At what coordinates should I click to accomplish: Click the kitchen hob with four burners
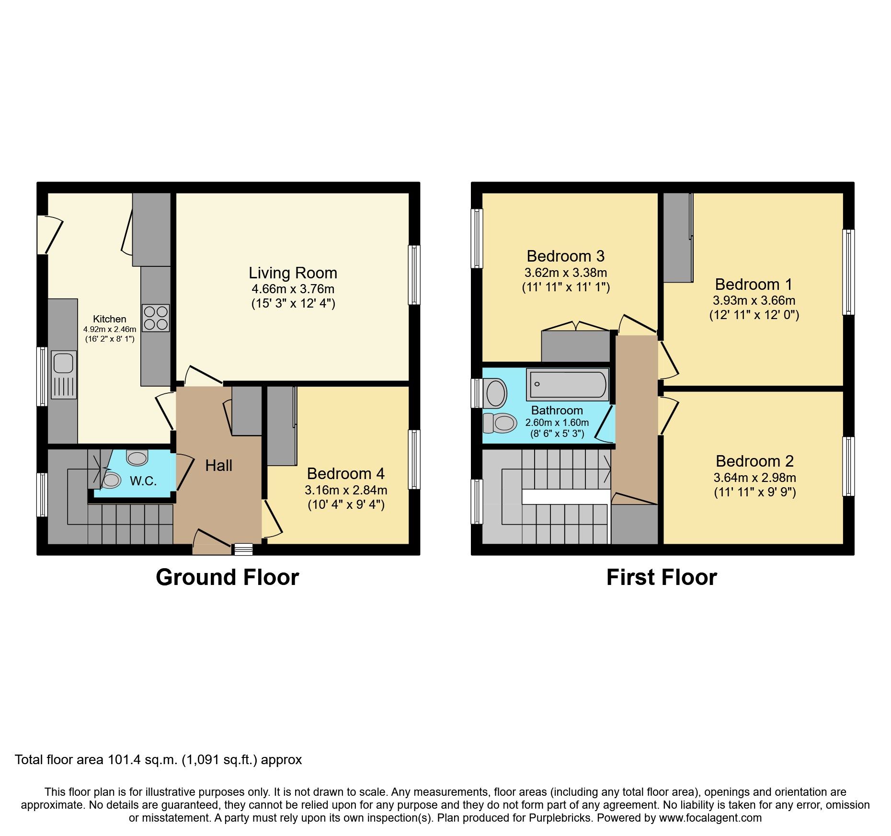tap(156, 318)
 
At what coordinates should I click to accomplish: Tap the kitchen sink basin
tap(63, 363)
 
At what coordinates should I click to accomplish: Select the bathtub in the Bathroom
tap(568, 384)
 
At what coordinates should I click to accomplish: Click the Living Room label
tap(293, 273)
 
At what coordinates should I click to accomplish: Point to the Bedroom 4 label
tap(345, 474)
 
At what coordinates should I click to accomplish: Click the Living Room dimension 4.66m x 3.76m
tap(293, 289)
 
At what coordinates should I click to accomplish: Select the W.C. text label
tap(143, 481)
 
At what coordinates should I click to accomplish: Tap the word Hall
tap(218, 466)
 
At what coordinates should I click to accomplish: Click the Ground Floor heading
tap(227, 577)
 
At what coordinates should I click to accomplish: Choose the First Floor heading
tap(662, 577)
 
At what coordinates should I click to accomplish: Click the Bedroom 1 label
tap(754, 285)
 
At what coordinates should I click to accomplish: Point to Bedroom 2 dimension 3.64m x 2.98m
tap(754, 478)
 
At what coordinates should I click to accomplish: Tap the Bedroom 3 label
tap(565, 256)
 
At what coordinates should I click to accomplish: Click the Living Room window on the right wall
tap(414, 275)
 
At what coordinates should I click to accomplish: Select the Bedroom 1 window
tap(848, 272)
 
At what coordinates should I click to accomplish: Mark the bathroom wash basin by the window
tap(496, 393)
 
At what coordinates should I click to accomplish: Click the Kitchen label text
tap(110, 319)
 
